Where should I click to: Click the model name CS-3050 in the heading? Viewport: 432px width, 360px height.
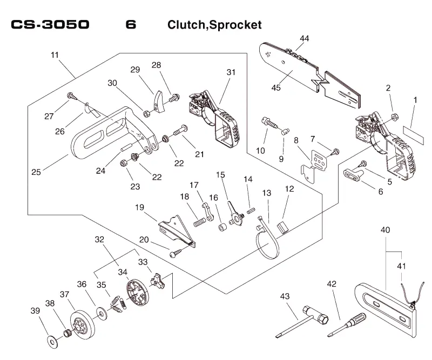coord(50,24)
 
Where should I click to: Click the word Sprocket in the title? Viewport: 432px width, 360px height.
coord(235,25)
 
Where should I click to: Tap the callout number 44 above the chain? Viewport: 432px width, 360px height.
coord(304,38)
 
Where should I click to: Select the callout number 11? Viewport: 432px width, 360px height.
coord(55,55)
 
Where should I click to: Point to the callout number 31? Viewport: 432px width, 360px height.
coord(231,72)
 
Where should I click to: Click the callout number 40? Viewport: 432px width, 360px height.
coord(385,230)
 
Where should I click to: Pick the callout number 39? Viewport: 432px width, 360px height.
coord(35,311)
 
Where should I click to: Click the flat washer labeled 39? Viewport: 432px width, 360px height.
coord(52,342)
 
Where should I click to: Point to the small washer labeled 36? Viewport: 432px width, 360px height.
coord(102,314)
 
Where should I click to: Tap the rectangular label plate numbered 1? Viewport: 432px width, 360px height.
coord(413,135)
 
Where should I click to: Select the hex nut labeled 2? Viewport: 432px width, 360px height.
coord(395,117)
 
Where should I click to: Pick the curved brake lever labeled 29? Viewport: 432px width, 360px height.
coord(159,101)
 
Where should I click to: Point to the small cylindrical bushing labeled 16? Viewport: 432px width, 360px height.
coord(222,228)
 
